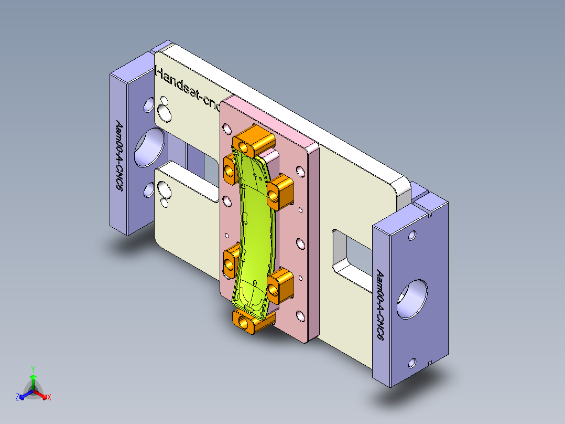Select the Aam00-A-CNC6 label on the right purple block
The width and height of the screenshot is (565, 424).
(x=381, y=304)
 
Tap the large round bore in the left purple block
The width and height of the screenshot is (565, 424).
(x=149, y=146)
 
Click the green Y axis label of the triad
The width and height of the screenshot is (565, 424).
(x=32, y=369)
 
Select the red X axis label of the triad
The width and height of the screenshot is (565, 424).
(x=49, y=398)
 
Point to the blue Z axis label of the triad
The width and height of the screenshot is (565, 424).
(x=17, y=398)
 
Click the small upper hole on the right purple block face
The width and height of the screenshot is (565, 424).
(x=412, y=235)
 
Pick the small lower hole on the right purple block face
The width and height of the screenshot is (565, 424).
(x=412, y=362)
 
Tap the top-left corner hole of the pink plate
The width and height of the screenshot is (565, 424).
(x=227, y=128)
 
